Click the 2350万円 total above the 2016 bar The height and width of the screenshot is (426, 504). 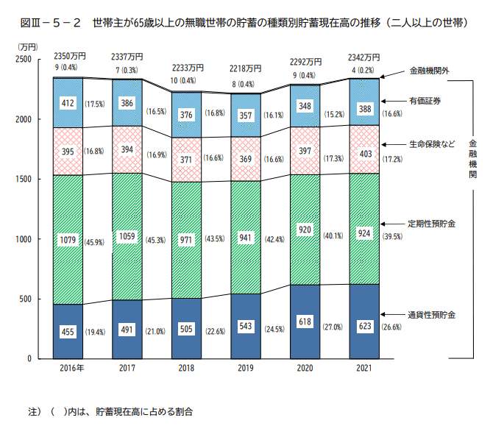point(67,57)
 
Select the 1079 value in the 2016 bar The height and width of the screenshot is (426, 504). point(67,240)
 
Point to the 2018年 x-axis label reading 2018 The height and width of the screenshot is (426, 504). point(185,368)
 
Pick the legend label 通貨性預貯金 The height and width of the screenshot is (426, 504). point(432,315)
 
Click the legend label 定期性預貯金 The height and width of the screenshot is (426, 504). point(432,223)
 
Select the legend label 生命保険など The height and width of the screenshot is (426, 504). point(432,145)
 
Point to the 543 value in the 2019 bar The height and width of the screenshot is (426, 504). point(245,324)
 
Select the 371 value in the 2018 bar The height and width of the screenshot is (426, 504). point(185,159)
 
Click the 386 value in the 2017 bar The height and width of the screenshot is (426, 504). point(127,104)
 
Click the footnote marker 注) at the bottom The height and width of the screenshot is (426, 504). point(33,409)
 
